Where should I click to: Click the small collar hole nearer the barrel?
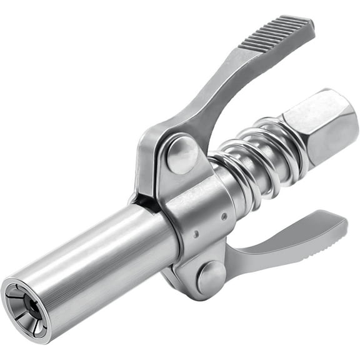(x=196, y=234)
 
